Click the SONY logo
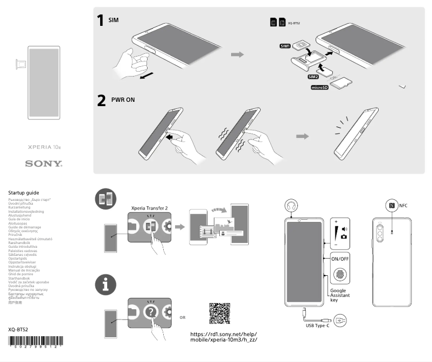point(44,163)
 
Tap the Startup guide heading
point(23,192)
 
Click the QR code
point(219,314)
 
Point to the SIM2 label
point(314,77)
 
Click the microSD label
point(319,87)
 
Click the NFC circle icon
point(392,205)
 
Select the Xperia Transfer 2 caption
point(150,207)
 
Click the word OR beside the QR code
point(183,317)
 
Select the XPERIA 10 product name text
point(44,147)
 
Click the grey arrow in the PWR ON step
point(303,136)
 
